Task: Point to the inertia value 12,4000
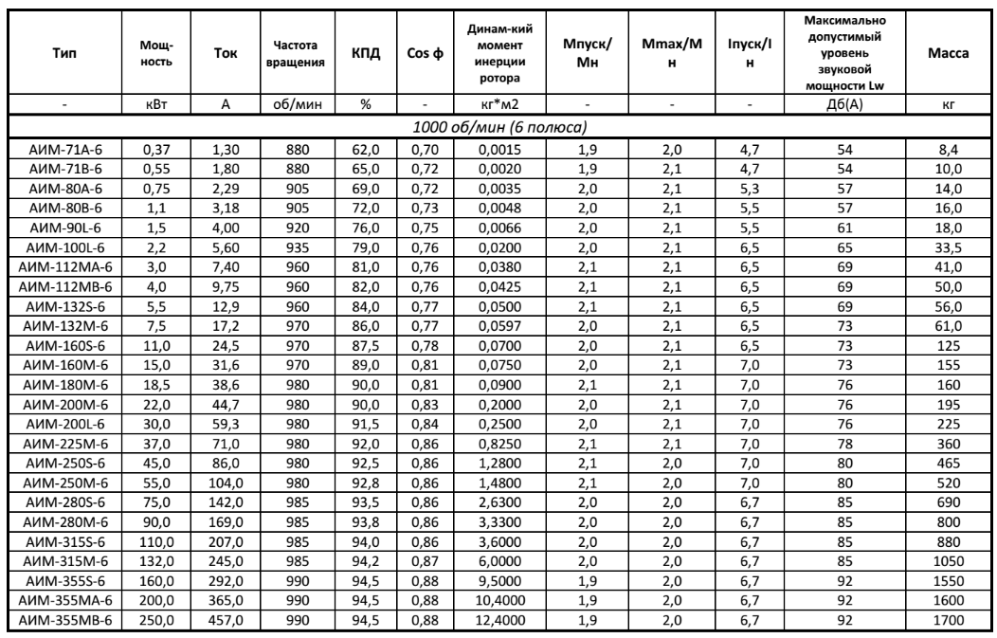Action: [498, 621]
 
